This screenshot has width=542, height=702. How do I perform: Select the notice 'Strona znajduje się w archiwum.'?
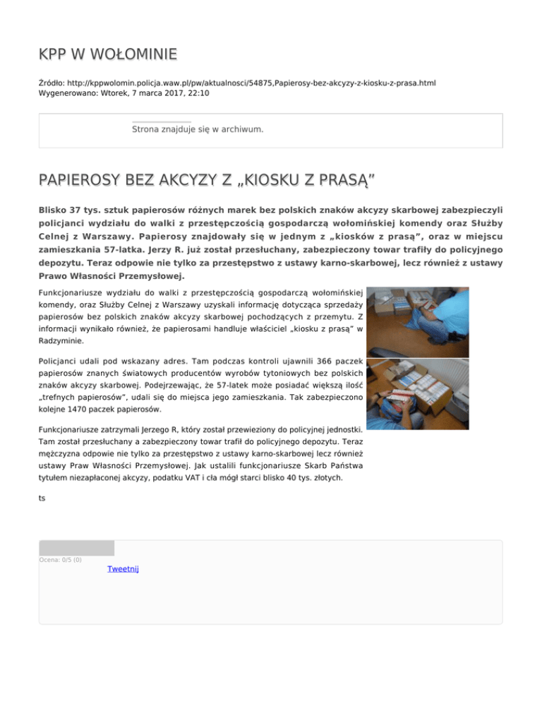pos(207,129)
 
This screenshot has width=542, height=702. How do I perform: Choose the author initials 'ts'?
pos(42,498)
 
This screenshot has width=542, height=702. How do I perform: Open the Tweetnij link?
pos(123,569)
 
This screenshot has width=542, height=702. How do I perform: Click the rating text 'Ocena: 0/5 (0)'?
pos(61,560)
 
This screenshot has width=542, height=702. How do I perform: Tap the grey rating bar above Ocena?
pos(76,548)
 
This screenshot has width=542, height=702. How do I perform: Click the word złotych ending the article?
pos(328,477)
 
